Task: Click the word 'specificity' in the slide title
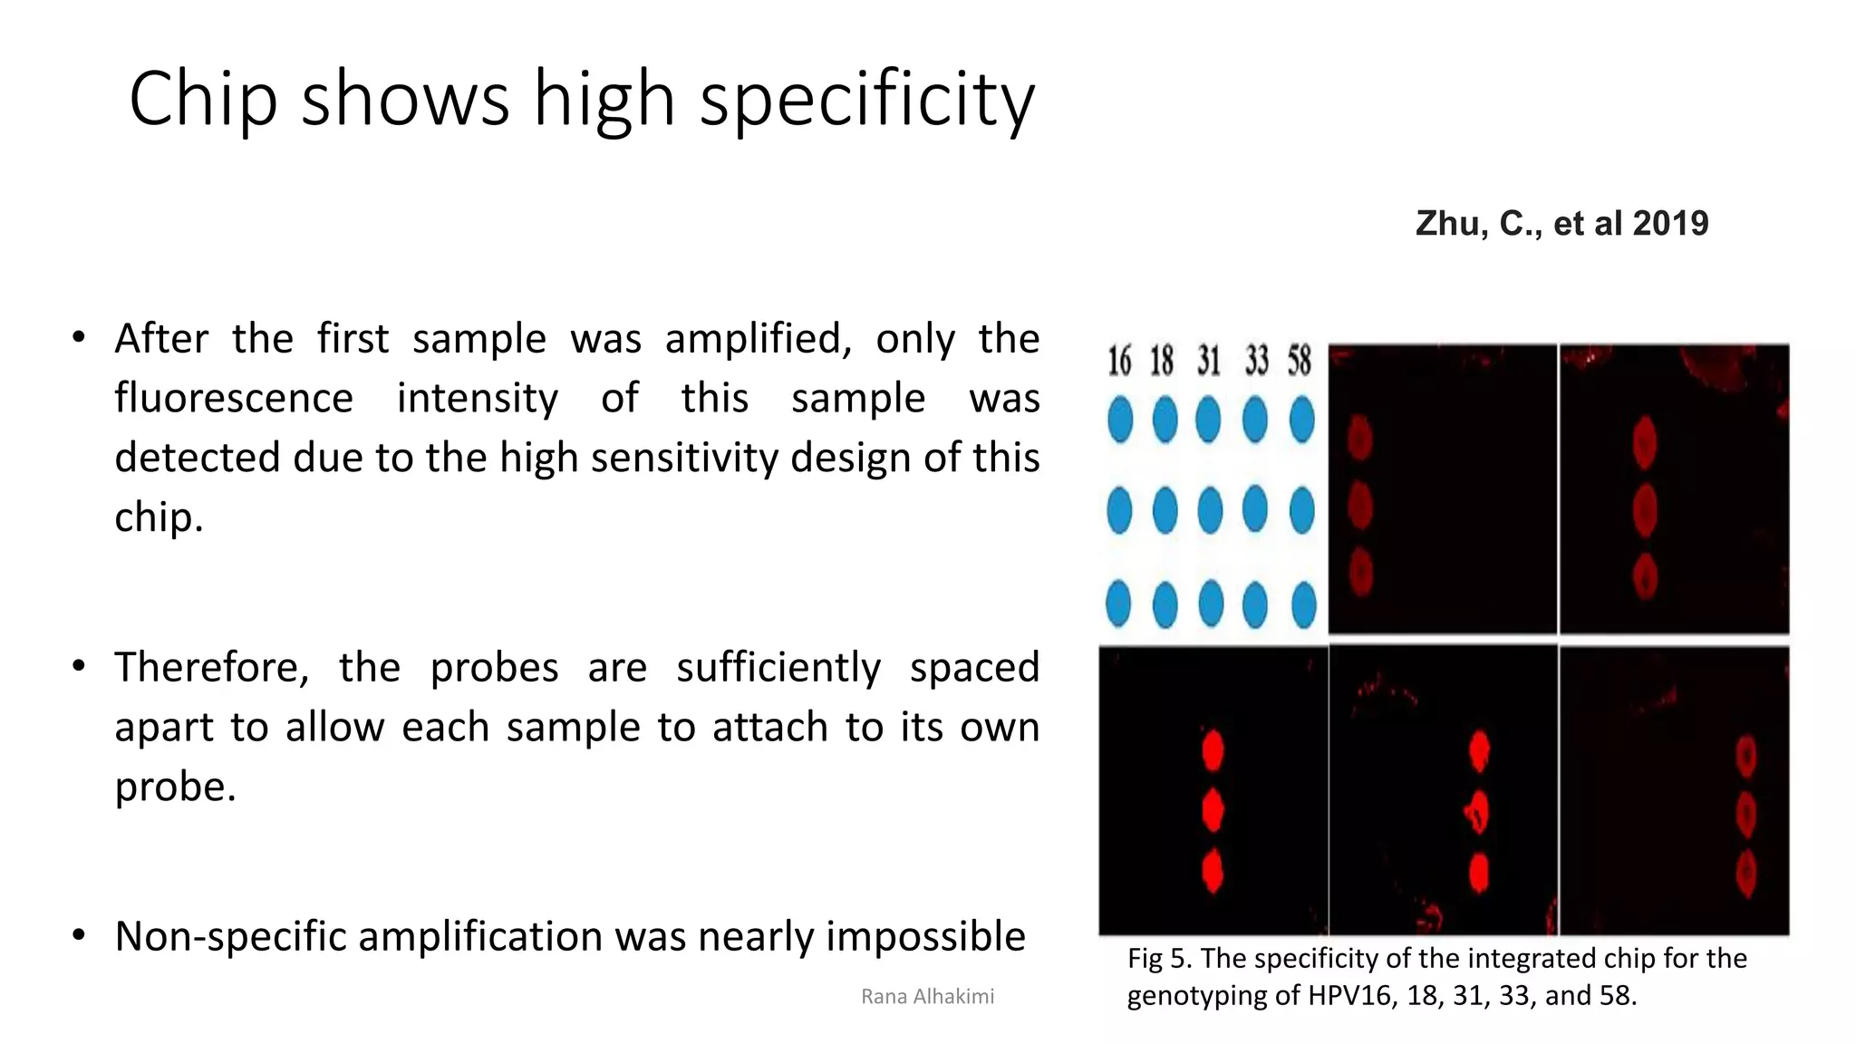(x=866, y=100)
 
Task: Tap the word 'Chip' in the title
(x=202, y=100)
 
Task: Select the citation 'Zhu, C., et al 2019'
(x=1561, y=224)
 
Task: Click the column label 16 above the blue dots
(x=1119, y=361)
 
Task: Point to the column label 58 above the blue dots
(x=1300, y=361)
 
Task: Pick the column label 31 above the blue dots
(x=1208, y=361)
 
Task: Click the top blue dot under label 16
(x=1120, y=420)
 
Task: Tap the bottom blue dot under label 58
(x=1303, y=604)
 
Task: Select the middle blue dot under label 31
(x=1210, y=510)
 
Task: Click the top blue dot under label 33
(x=1255, y=420)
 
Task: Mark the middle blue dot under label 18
(x=1165, y=510)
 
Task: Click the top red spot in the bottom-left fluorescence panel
(x=1213, y=750)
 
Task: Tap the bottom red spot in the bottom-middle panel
(x=1479, y=873)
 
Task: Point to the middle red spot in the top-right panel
(x=1645, y=509)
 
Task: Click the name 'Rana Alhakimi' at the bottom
(x=927, y=997)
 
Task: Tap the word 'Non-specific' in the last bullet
(x=235, y=936)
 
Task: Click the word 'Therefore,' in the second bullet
(x=211, y=668)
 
